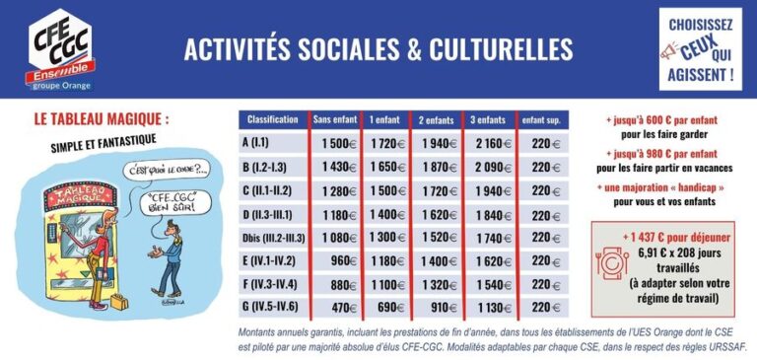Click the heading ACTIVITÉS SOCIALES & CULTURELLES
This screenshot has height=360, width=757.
click(x=378, y=49)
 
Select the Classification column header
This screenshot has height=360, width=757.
click(x=273, y=119)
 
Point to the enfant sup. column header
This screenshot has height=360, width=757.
click(x=540, y=119)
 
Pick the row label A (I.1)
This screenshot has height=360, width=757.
click(x=258, y=143)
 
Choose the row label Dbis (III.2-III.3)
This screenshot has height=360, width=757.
click(x=273, y=238)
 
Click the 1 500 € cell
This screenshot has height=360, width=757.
click(x=336, y=143)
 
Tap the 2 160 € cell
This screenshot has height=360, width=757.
click(x=488, y=143)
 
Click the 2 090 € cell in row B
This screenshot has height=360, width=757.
click(x=488, y=167)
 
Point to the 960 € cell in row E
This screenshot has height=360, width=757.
click(x=340, y=261)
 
